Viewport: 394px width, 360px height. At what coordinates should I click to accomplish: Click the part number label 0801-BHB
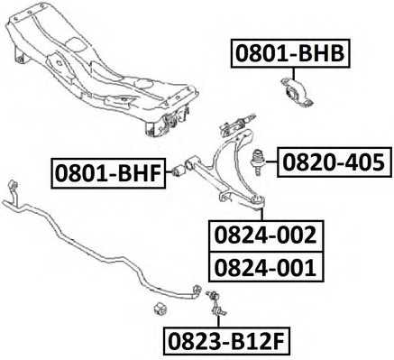point(290,53)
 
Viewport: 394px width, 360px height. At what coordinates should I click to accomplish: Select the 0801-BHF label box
point(108,173)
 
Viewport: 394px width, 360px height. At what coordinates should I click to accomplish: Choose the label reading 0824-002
point(266,235)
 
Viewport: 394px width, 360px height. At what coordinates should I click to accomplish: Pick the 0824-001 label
point(266,267)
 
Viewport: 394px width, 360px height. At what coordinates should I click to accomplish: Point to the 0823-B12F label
point(226,343)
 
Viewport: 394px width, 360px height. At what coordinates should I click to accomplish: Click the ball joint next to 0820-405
point(257,162)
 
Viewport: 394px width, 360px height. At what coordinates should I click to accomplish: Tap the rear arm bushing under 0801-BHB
point(297,92)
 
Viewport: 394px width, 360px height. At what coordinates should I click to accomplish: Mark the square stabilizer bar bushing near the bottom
point(160,309)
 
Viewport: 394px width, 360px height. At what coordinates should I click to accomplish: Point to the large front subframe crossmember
point(102,69)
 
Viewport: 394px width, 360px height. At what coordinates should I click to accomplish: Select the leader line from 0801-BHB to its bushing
point(293,74)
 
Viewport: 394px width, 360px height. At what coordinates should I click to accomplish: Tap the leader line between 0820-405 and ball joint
point(270,162)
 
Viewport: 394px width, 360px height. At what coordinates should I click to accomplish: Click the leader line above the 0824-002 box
point(261,214)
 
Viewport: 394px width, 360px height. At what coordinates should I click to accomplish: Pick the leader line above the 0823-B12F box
point(218,322)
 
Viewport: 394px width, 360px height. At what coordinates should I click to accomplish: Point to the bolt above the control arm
point(237,124)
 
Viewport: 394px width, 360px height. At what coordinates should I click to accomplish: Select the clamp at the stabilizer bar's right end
point(197,291)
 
